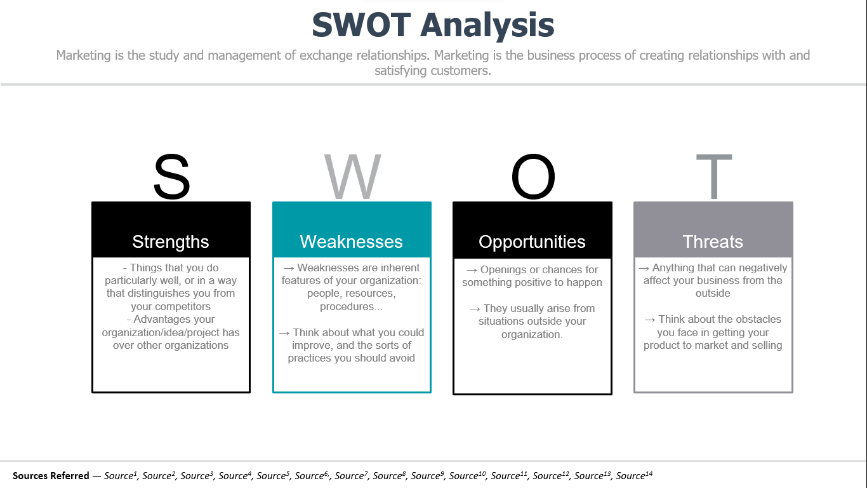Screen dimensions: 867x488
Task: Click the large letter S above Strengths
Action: click(x=171, y=177)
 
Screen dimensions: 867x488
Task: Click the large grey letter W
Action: click(x=353, y=177)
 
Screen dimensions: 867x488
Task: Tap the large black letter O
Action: click(x=533, y=177)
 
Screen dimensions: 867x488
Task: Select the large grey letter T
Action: click(x=714, y=177)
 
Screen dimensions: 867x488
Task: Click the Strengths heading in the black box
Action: click(x=171, y=242)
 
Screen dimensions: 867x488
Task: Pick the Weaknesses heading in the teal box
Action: click(x=352, y=242)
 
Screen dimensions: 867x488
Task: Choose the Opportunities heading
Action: click(x=533, y=242)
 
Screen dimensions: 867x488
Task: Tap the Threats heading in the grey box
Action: click(x=713, y=242)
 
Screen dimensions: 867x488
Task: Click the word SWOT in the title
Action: click(x=362, y=25)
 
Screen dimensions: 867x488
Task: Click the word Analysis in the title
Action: click(x=487, y=25)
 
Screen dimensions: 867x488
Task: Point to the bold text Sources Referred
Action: click(x=51, y=475)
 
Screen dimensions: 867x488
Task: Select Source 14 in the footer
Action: click(x=634, y=475)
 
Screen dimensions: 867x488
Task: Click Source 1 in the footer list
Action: click(x=121, y=475)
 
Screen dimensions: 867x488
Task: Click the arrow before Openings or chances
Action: click(x=471, y=270)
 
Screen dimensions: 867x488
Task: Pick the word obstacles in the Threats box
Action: click(x=758, y=320)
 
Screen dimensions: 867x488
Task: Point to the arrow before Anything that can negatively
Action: click(x=644, y=268)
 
